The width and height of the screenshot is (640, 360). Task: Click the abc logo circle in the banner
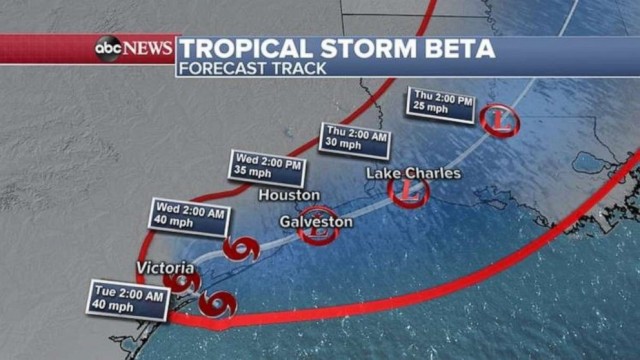(108, 48)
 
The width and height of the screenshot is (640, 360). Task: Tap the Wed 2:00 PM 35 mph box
(267, 166)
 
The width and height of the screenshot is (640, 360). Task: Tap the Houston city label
(289, 194)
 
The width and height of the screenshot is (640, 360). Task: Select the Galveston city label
(316, 220)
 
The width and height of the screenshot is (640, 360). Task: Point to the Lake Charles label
(413, 173)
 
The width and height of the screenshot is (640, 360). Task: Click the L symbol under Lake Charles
(408, 191)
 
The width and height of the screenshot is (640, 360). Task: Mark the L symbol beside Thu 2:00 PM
(501, 121)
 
